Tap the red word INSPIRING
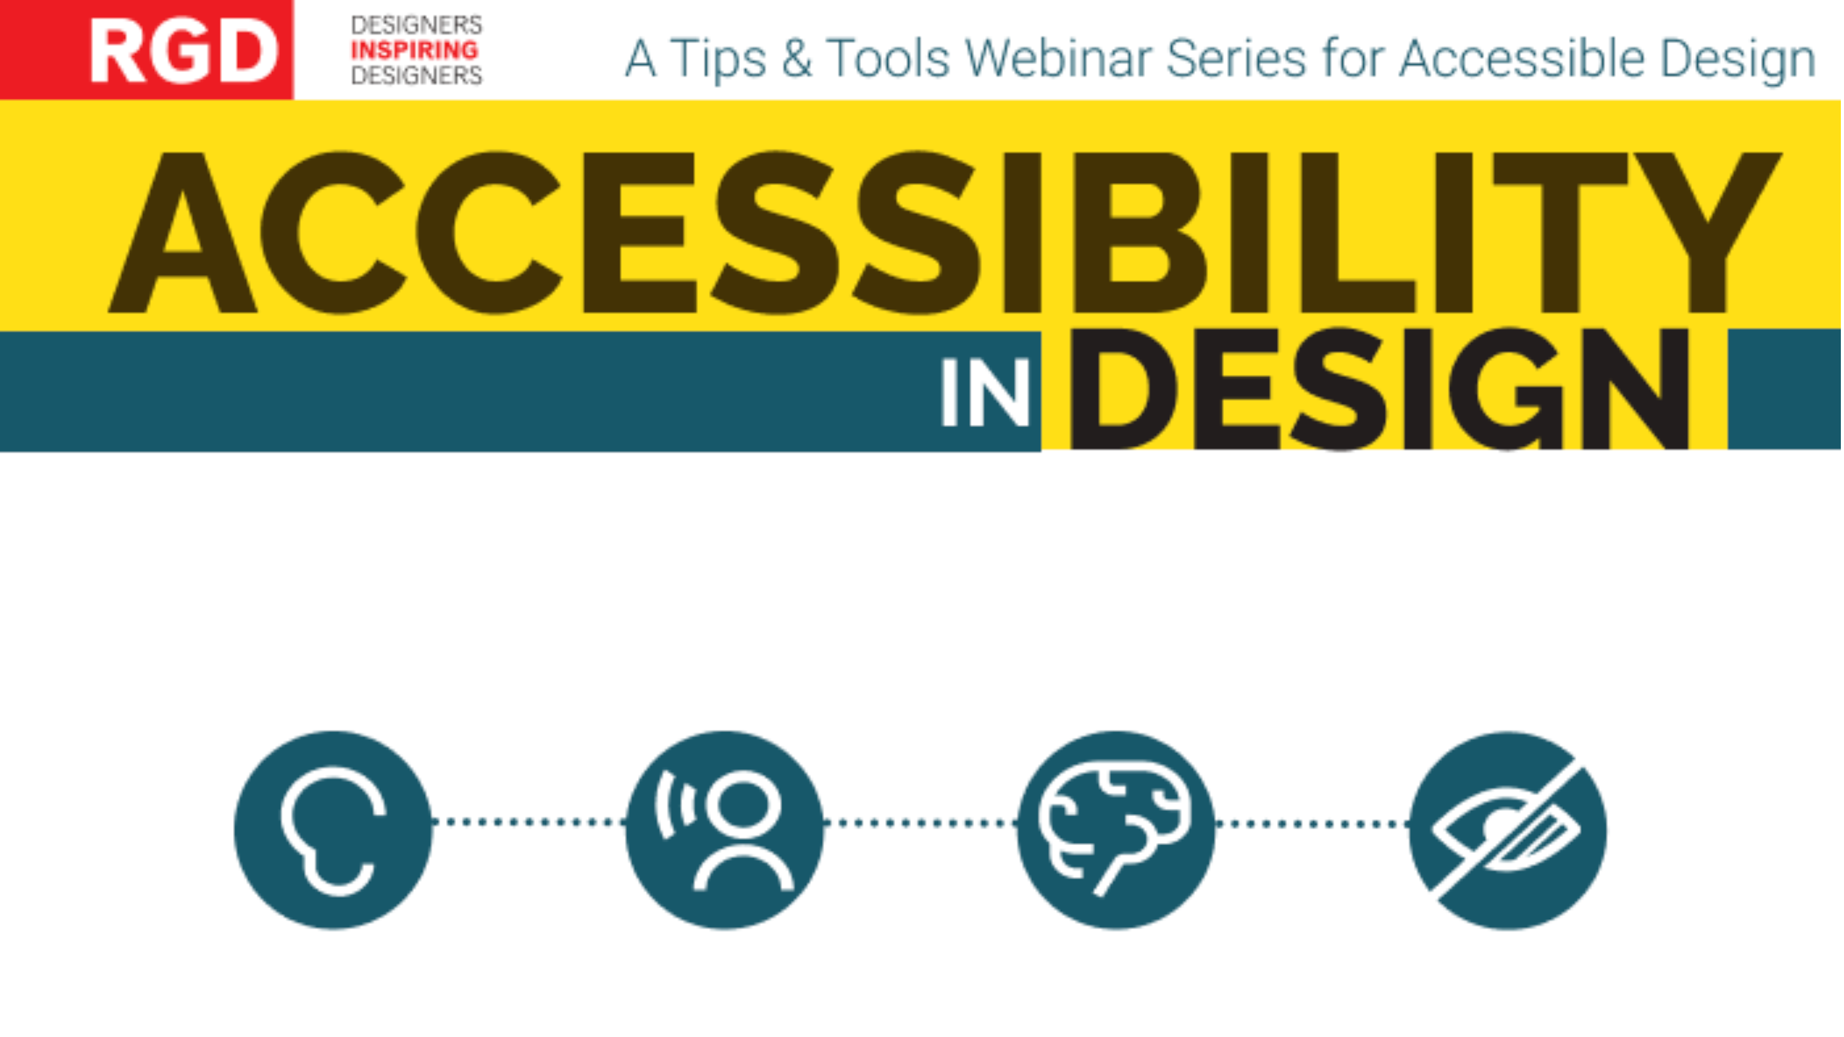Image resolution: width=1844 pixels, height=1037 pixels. [x=414, y=50]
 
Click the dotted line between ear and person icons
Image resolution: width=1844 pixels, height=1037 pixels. [x=529, y=821]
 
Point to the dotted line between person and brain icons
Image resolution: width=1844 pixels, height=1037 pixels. [x=920, y=822]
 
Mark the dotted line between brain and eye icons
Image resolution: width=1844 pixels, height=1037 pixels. [x=1312, y=823]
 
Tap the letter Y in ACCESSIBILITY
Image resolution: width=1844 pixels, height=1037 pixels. [x=1708, y=232]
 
